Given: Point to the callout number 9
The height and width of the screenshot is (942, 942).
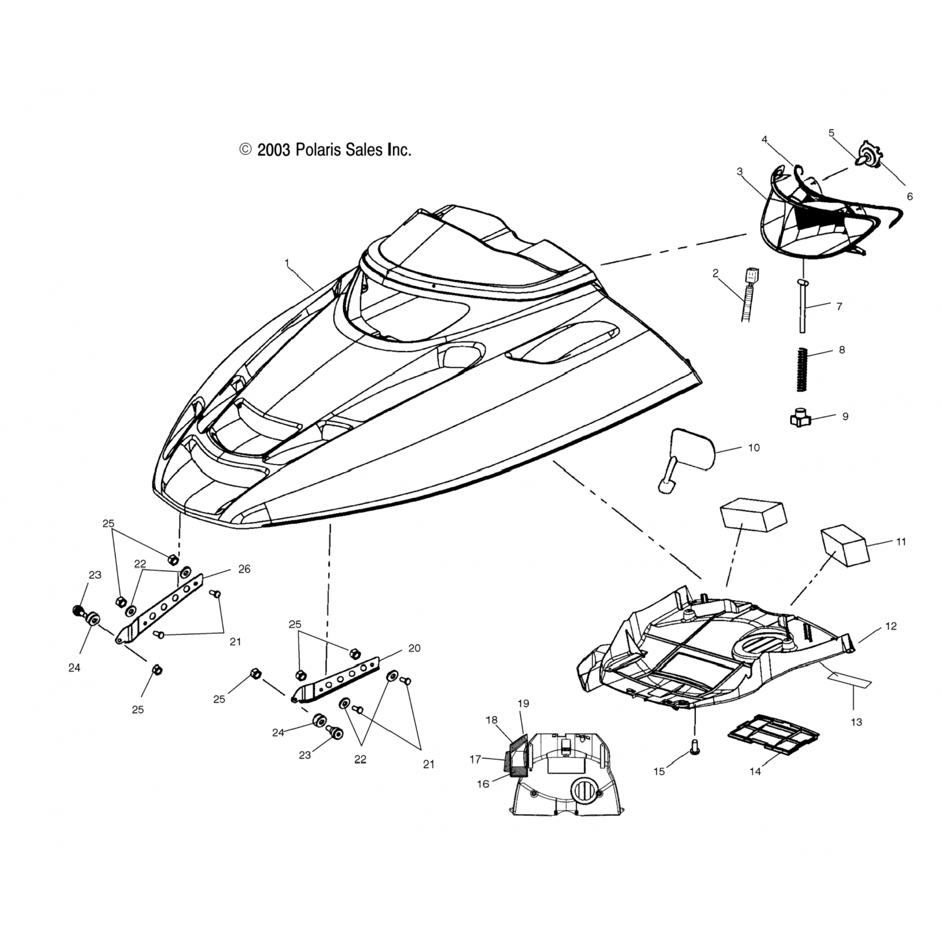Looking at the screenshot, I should [845, 416].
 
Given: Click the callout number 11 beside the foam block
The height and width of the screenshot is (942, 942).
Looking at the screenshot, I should [901, 541].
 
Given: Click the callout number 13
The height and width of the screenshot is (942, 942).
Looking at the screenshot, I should [856, 722].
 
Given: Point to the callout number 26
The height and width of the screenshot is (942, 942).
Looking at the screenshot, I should [244, 569].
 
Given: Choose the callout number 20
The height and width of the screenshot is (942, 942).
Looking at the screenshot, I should [414, 648].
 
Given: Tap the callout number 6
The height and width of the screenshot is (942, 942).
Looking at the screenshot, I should [909, 197].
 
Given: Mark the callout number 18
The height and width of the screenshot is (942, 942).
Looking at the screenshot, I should [491, 720].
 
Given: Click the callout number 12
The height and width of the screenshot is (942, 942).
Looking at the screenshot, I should [891, 626].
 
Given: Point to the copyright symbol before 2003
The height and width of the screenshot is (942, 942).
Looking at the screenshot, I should [245, 149].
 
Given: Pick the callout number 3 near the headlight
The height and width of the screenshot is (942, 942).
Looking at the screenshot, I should [740, 171].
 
